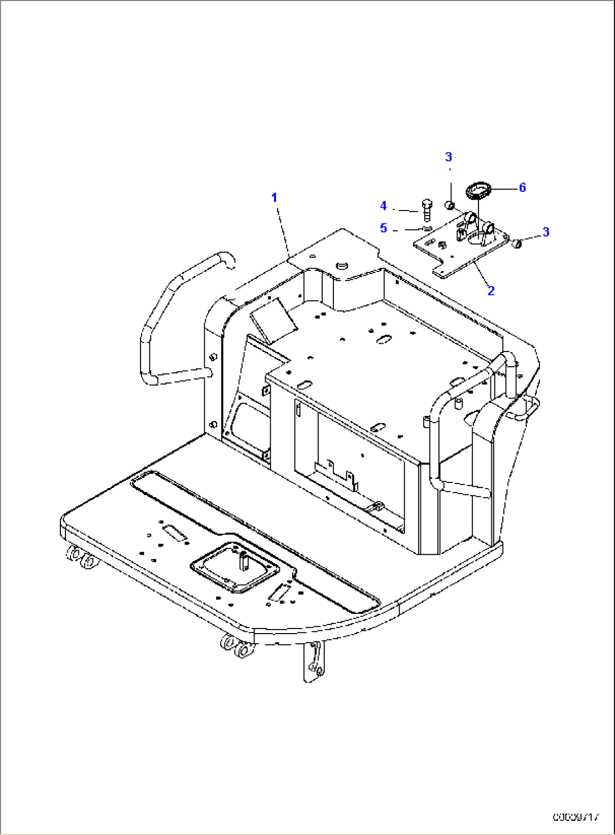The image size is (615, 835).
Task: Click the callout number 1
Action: pos(274,197)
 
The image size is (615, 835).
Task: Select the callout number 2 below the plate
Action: pos(491,291)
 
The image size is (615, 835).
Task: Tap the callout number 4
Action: pos(384,206)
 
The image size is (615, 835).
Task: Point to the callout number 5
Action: pos(384,228)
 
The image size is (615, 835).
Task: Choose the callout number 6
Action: pos(522,187)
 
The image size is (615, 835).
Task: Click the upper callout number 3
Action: pos(449,157)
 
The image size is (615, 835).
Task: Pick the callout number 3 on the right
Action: pos(546,232)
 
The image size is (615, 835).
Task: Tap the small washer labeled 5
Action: pos(427,228)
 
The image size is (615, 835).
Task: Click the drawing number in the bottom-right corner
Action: pos(576,816)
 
